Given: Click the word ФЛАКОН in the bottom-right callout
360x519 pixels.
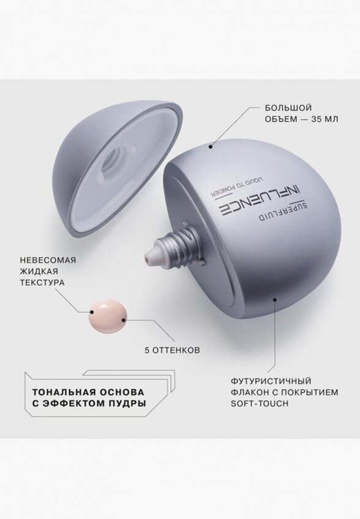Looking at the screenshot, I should click(251, 392).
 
